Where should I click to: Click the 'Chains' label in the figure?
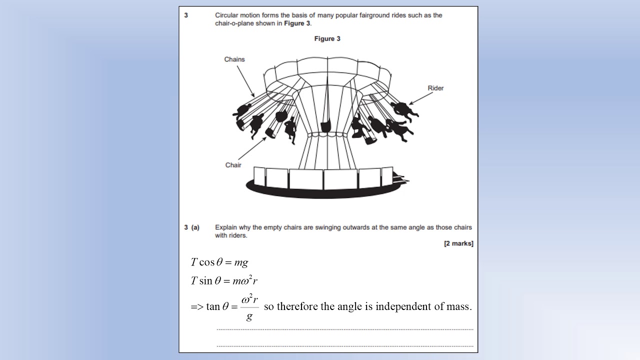click(x=234, y=59)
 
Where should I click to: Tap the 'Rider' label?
click(x=435, y=88)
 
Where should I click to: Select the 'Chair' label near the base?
click(x=233, y=165)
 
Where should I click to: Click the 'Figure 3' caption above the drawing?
click(x=327, y=38)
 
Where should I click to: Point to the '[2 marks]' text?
click(x=458, y=243)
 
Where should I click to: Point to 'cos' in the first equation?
click(x=207, y=262)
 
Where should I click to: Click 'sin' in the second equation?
click(x=205, y=281)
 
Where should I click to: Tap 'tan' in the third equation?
click(x=213, y=306)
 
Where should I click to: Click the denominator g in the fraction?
click(x=249, y=316)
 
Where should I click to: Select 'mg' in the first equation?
click(x=241, y=262)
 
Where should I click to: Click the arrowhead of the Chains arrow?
click(x=252, y=95)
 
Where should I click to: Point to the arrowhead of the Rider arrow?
click(x=411, y=103)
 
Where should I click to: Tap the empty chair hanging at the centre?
click(x=325, y=126)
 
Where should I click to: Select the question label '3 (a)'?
click(x=191, y=227)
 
